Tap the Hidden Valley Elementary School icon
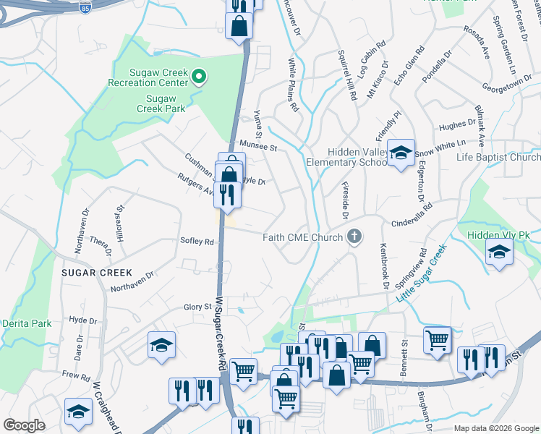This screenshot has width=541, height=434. click(400, 153)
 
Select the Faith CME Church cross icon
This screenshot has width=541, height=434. click(354, 237)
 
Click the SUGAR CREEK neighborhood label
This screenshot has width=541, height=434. click(96, 273)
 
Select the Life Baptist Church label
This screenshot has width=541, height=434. click(498, 157)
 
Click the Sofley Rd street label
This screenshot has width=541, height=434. click(197, 242)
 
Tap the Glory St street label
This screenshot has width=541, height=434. click(196, 307)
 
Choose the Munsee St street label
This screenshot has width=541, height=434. click(259, 146)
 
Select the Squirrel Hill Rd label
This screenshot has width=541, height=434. click(349, 76)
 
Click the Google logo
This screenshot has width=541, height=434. click(25, 425)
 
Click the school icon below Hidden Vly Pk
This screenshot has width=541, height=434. click(498, 255)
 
